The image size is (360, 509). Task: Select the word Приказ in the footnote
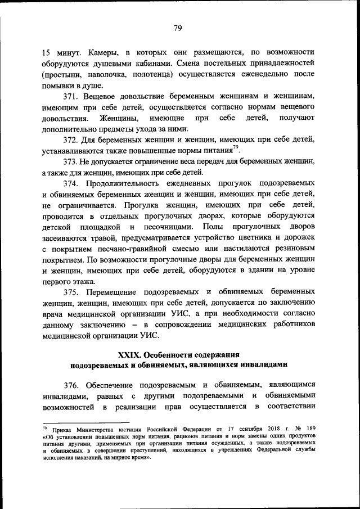click(x=64, y=429)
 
